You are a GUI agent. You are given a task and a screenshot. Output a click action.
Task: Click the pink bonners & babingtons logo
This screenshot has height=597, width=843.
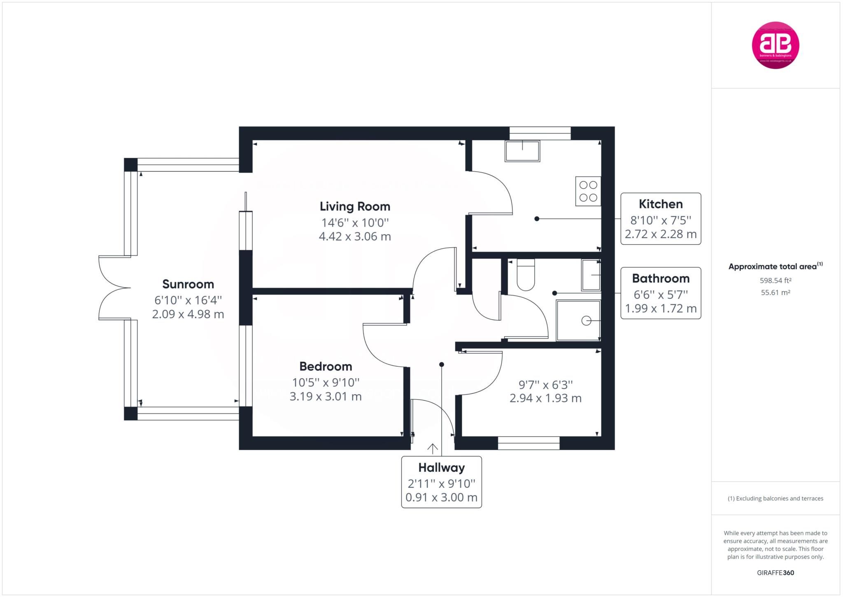coord(775,45)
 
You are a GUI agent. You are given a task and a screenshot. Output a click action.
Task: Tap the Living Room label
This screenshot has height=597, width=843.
coord(355,206)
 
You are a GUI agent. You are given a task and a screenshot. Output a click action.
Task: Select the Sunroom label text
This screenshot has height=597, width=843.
coord(188,284)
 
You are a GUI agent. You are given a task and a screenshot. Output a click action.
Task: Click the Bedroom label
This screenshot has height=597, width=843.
coord(326,366)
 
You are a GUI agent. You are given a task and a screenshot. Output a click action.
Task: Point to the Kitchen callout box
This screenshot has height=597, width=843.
coord(660,219)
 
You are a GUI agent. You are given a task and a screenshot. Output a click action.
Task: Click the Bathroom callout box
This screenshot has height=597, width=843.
coord(660,293)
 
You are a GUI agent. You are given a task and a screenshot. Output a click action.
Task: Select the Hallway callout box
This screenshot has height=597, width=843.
coord(441,482)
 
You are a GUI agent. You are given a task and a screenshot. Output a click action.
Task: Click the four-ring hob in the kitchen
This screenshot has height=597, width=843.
coord(588,192)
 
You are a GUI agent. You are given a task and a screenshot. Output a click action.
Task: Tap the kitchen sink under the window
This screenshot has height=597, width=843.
coord(522,151)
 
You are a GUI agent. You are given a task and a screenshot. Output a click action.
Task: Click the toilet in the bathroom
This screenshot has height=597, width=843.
coord(525,275)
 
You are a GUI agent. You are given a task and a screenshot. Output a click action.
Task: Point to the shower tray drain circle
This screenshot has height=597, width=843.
coord(586,321)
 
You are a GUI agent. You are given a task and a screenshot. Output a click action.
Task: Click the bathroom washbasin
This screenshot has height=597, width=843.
coord(591,275)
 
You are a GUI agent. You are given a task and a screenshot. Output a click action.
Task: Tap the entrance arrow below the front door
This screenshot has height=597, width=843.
coord(432,449)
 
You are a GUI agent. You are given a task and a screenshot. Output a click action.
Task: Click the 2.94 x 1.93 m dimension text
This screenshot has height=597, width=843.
coord(545,398)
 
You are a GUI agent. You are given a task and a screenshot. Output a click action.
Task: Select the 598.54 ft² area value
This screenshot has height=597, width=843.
coord(775,281)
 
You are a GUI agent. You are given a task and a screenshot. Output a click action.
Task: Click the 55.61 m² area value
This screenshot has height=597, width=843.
coord(775,293)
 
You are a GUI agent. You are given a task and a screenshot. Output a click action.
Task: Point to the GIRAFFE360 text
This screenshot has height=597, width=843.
coord(775,573)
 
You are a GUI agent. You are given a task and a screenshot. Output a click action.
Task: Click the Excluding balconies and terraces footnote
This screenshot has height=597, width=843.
coord(775,499)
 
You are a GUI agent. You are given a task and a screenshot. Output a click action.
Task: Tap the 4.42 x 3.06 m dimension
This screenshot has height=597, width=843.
coord(355,236)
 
